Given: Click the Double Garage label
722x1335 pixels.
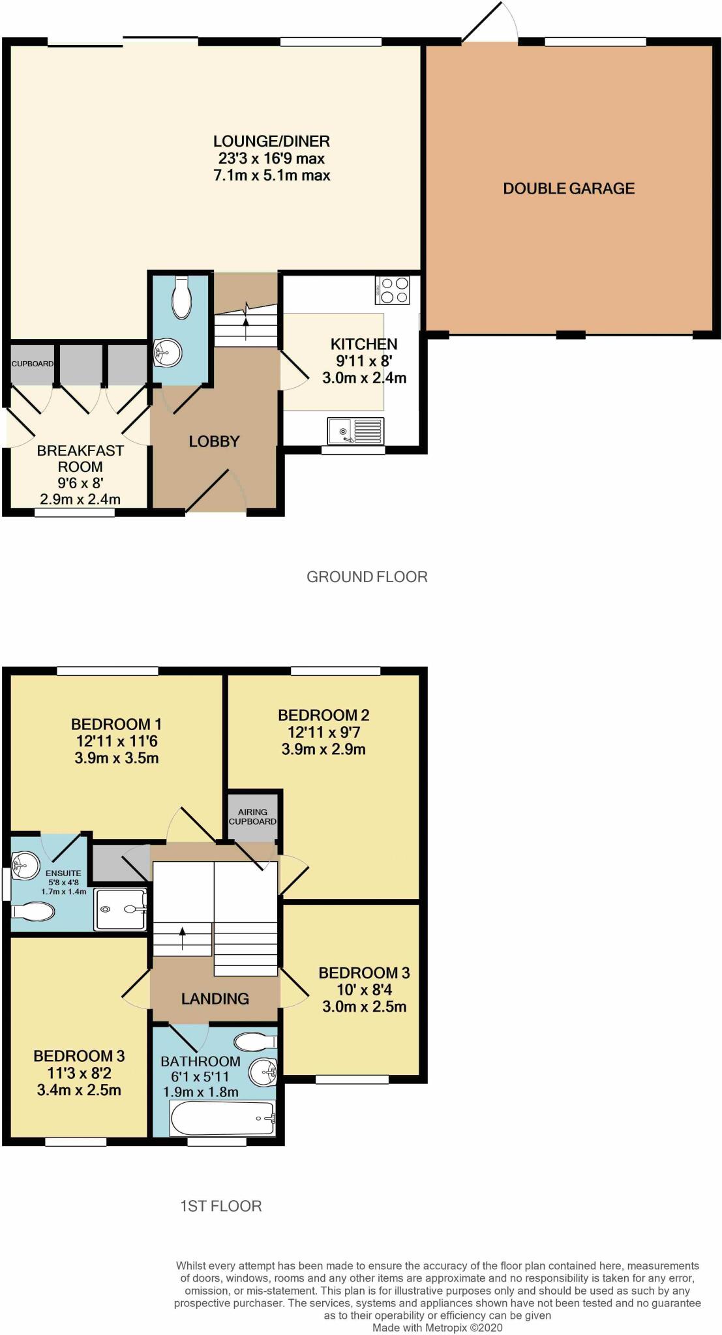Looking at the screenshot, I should [568, 188].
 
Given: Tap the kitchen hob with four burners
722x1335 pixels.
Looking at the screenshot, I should [393, 290].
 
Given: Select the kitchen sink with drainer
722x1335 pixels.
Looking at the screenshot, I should [356, 431].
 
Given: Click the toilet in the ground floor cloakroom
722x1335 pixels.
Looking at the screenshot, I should [181, 298].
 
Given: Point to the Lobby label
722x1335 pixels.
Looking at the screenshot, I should [214, 441].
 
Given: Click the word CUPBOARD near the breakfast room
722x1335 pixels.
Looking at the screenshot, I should [32, 364].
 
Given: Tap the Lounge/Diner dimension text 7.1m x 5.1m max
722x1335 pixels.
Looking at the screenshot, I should [271, 175].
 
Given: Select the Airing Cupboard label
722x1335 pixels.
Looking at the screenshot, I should [252, 817].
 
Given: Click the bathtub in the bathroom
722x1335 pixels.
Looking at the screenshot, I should [222, 1119].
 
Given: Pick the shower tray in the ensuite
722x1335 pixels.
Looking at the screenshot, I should [120, 909].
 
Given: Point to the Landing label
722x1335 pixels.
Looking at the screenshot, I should [215, 999].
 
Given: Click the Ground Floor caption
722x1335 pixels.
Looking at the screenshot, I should [367, 577].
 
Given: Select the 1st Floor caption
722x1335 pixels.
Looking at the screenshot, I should [220, 1206].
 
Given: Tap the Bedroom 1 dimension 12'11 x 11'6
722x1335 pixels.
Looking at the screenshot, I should [116, 741].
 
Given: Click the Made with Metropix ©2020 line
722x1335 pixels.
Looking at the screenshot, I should [437, 1328].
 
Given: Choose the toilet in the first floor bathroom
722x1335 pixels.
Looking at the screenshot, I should [255, 1042].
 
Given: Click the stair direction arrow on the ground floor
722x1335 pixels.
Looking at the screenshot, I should [246, 315].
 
